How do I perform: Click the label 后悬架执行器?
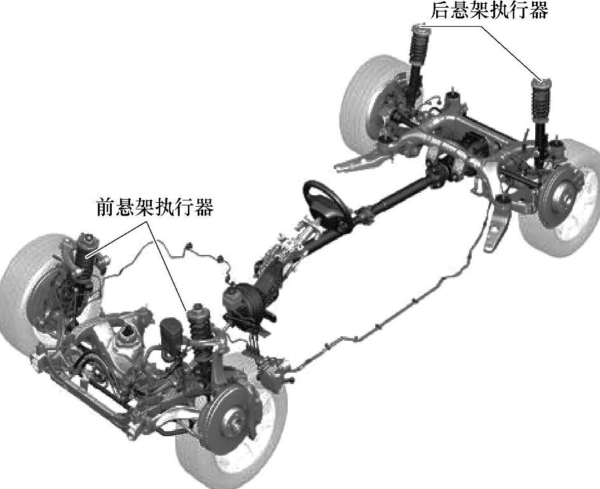(x=489, y=11)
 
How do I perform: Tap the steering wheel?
(x=328, y=203)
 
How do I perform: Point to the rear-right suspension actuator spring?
(x=541, y=102)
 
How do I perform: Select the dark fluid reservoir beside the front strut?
(x=171, y=333)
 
